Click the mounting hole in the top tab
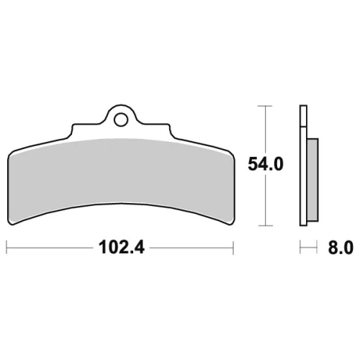click(x=121, y=120)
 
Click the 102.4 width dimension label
click(x=122, y=248)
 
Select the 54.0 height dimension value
click(x=266, y=164)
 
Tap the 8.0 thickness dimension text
click(x=341, y=248)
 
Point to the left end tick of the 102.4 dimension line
click(x=6, y=247)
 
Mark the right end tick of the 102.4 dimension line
click(x=233, y=247)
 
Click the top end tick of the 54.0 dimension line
click(x=265, y=106)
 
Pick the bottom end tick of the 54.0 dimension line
click(x=265, y=225)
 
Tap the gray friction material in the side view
click(x=312, y=180)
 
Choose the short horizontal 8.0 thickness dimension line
click(x=308, y=247)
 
